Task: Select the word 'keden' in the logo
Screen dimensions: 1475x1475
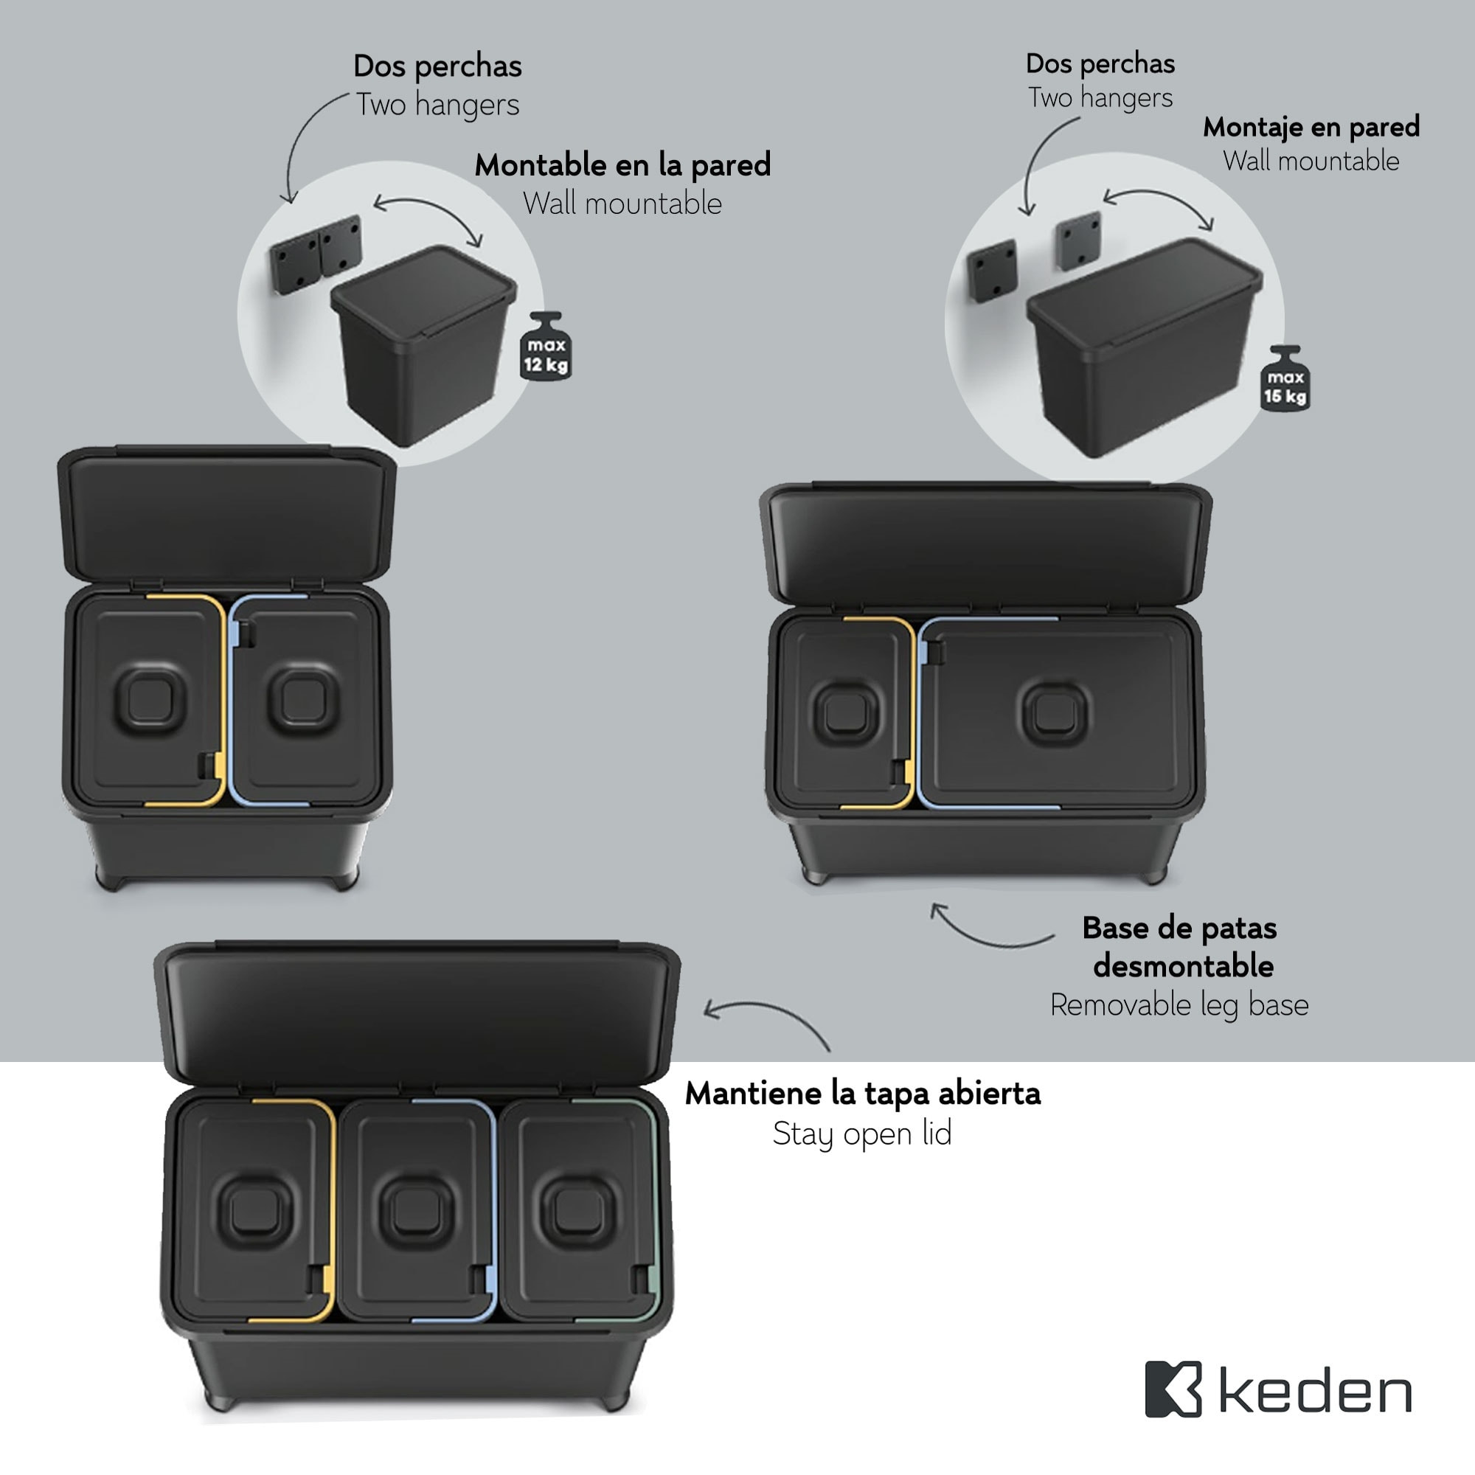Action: [x=1315, y=1392]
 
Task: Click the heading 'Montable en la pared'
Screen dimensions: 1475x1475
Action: [x=622, y=165]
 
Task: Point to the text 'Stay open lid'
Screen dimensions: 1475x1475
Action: [x=862, y=1134]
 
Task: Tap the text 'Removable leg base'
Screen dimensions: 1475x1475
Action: [x=1179, y=1004]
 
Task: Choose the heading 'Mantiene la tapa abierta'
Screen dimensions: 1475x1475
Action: [x=862, y=1093]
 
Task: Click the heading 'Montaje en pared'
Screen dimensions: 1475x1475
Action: [x=1311, y=127]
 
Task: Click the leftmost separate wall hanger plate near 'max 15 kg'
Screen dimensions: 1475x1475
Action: [x=991, y=271]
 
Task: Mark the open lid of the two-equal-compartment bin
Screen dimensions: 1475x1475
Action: [x=226, y=516]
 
